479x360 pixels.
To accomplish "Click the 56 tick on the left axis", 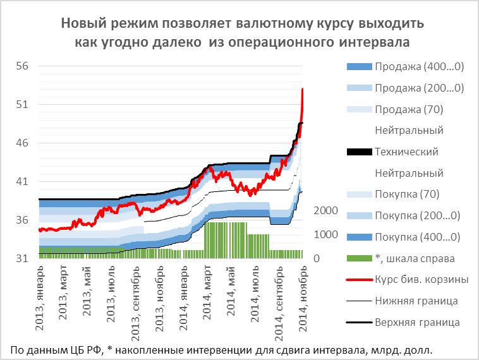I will (21, 66).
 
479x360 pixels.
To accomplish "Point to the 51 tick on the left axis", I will (21, 104).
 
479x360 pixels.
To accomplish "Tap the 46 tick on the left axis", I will (21, 143).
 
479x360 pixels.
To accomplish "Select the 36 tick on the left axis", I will (21, 220).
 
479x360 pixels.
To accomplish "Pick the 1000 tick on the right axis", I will (327, 234).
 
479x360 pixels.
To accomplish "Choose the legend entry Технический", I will (406, 152).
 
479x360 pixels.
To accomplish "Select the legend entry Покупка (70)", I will (407, 194).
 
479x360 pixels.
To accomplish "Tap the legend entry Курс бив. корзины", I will (421, 279).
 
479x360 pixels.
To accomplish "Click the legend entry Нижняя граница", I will (416, 301).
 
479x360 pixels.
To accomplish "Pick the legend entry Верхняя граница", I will (417, 322).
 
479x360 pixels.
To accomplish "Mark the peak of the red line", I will (303, 89).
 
